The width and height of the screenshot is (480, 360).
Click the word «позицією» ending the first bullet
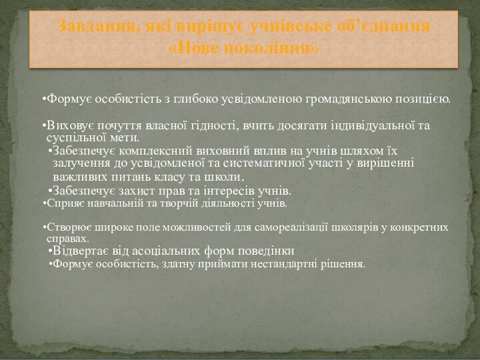pyautogui.click(x=423, y=100)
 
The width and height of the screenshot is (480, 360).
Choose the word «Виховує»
pyautogui.click(x=67, y=126)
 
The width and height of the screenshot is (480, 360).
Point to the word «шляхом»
pyautogui.click(x=363, y=151)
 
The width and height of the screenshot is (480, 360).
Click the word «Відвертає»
pyautogui.click(x=81, y=251)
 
